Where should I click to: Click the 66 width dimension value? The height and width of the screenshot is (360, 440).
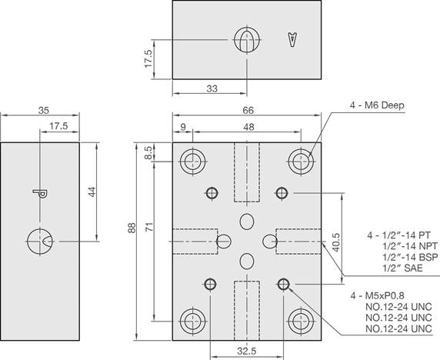tap(248, 110)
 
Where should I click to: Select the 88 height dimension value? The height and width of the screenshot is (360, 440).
tap(132, 228)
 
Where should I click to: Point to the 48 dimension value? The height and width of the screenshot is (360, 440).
tap(248, 127)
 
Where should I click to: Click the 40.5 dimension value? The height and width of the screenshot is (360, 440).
tap(336, 242)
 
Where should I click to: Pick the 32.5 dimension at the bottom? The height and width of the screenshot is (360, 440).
tap(247, 351)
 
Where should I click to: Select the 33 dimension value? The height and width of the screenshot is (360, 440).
tap(212, 88)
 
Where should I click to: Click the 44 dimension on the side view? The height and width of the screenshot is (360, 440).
tap(92, 192)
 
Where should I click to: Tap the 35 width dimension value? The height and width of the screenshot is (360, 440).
tap(44, 110)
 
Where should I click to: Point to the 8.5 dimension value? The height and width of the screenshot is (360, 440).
tap(148, 152)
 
